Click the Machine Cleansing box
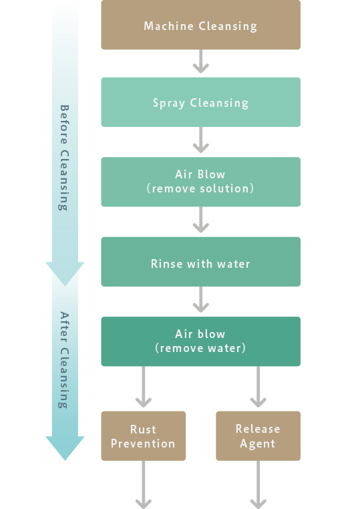[200, 25]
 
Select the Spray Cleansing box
[200, 102]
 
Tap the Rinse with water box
[200, 262]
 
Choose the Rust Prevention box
[144, 436]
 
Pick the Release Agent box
[258, 436]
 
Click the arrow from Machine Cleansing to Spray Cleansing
[201, 61]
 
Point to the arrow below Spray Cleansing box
[201, 140]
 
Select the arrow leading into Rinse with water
[201, 220]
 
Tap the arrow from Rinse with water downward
[201, 300]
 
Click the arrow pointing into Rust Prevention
[144, 387]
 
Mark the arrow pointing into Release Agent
[258, 387]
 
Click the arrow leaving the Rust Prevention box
[144, 485]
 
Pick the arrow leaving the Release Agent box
[258, 485]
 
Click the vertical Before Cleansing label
[64, 158]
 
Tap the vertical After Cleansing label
[64, 360]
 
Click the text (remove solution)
[200, 188]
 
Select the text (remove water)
[200, 348]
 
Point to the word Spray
[169, 104]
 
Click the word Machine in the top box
[168, 25]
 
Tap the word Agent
[258, 444]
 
